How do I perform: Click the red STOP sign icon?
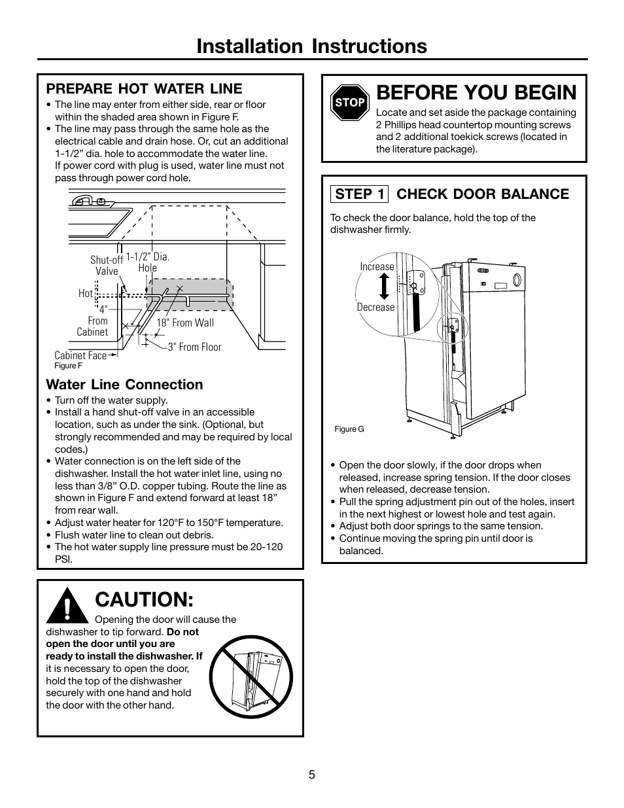(350, 102)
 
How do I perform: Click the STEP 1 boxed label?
(359, 194)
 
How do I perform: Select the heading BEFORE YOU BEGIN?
(477, 92)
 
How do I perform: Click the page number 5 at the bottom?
(312, 775)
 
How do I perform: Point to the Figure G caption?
(349, 429)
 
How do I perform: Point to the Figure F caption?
(68, 366)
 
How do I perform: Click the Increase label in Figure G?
(377, 266)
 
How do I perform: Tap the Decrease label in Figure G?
(375, 307)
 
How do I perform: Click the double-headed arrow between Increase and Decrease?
(384, 287)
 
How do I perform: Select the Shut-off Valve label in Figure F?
(107, 266)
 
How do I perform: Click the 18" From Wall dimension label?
(184, 323)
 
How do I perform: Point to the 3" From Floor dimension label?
(194, 347)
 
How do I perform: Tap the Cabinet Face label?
(80, 355)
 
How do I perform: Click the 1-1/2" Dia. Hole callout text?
(148, 262)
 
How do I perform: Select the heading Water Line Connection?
(124, 385)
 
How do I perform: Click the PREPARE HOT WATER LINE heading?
(144, 88)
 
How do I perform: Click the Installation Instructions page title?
(311, 46)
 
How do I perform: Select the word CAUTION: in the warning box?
(144, 599)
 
